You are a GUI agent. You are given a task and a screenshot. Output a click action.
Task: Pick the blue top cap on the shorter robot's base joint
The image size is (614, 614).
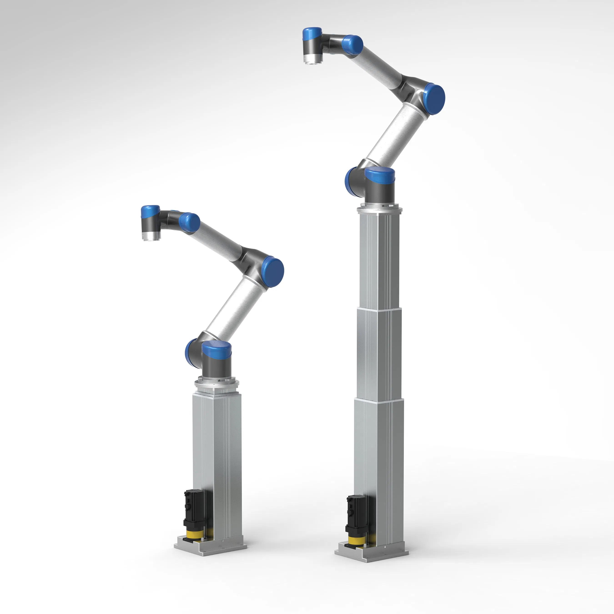(x=217, y=348)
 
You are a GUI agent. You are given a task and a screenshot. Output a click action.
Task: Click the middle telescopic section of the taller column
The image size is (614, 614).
(x=379, y=353)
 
